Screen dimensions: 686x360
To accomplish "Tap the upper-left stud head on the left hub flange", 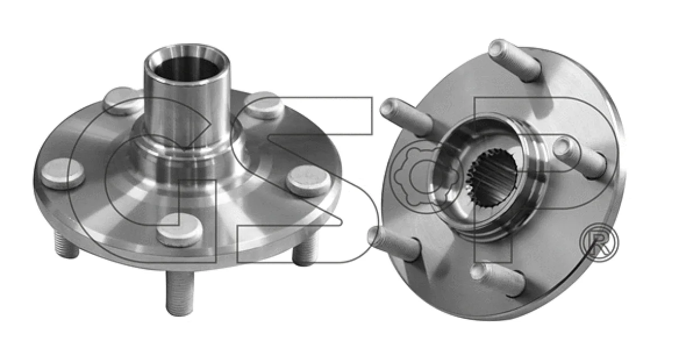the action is (x=122, y=101).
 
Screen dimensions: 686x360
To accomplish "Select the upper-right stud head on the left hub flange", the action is (x=264, y=106).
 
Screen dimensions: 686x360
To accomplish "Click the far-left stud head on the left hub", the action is (x=62, y=174).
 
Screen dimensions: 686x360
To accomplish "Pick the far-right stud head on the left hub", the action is (x=309, y=181).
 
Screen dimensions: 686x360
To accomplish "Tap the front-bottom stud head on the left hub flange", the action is (x=179, y=230).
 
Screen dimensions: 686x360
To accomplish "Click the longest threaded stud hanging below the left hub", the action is (x=180, y=293).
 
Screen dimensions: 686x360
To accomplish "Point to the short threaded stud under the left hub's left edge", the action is (x=66, y=246).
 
